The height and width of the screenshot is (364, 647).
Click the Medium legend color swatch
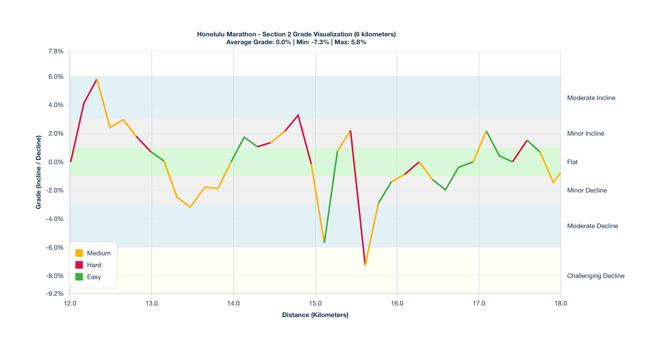(79, 253)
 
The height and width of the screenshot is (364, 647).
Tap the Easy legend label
(94, 277)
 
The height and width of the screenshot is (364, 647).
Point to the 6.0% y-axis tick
(56, 77)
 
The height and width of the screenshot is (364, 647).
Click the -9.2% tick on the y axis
(55, 293)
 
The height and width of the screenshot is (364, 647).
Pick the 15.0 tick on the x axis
(315, 303)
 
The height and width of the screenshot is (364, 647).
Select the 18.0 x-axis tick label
(560, 303)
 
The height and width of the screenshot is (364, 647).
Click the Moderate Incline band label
(591, 98)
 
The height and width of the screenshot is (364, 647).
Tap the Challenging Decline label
(596, 276)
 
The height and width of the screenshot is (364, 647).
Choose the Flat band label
(572, 162)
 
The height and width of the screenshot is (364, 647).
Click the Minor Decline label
(587, 190)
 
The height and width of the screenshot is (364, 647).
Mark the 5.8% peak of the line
(97, 80)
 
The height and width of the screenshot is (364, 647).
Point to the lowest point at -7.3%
(365, 265)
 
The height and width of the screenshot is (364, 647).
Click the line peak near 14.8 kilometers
(298, 115)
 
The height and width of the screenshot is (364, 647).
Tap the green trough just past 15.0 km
(324, 242)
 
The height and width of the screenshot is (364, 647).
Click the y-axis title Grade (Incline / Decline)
(39, 172)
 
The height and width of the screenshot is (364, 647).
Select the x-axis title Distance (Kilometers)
(315, 315)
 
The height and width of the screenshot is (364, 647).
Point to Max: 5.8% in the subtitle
(350, 42)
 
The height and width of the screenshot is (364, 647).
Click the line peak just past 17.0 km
(486, 131)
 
